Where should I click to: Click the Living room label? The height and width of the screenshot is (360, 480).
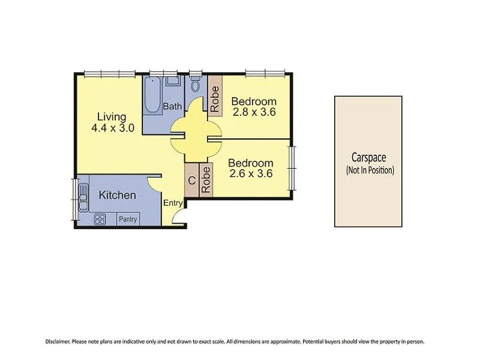click(x=113, y=116)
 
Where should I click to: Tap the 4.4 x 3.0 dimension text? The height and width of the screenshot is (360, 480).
click(x=113, y=128)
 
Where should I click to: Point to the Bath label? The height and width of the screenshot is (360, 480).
click(x=172, y=107)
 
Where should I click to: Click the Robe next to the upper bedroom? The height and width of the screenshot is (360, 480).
click(x=214, y=98)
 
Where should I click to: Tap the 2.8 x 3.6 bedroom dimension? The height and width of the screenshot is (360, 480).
click(x=253, y=112)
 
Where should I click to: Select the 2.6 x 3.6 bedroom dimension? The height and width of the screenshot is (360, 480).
click(x=251, y=174)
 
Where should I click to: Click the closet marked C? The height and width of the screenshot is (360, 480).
click(x=191, y=181)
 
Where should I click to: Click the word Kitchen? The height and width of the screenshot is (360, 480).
click(x=117, y=195)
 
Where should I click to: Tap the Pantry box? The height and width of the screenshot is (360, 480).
click(x=127, y=220)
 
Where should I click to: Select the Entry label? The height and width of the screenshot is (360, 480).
click(x=173, y=203)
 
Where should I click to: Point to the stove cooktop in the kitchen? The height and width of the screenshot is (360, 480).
click(x=100, y=219)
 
